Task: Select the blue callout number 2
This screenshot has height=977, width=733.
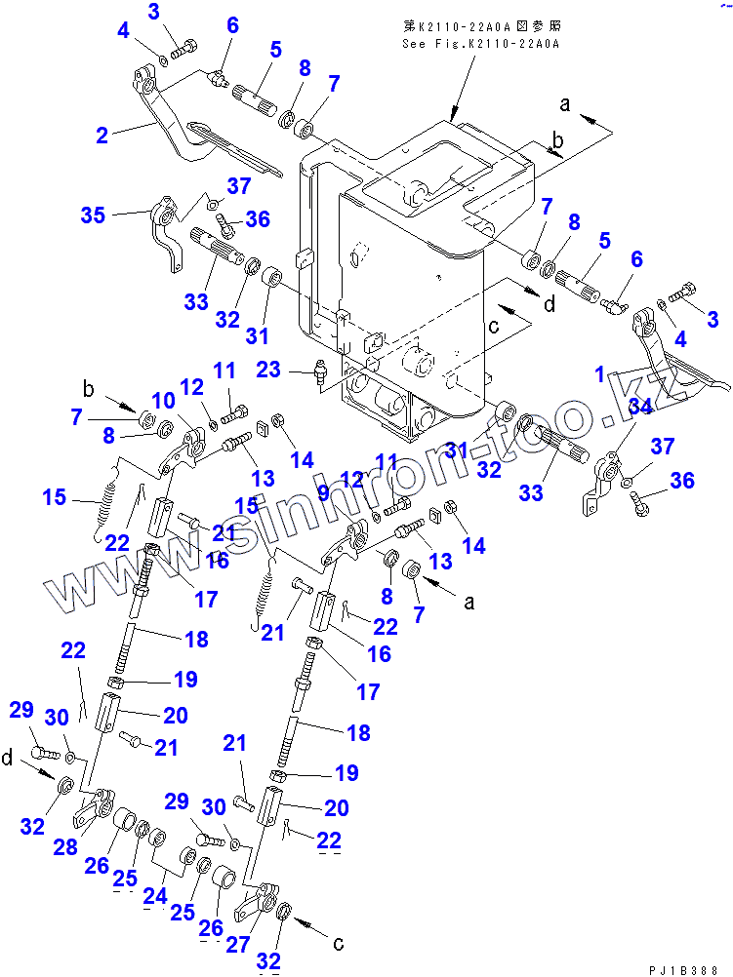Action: pyautogui.click(x=102, y=137)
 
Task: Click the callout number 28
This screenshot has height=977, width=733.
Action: pyautogui.click(x=66, y=846)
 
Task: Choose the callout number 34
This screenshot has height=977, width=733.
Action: pyautogui.click(x=639, y=407)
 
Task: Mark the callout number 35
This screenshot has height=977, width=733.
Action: pyautogui.click(x=94, y=215)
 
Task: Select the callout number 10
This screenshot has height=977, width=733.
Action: pyautogui.click(x=162, y=400)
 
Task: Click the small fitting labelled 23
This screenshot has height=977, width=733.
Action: pyautogui.click(x=318, y=372)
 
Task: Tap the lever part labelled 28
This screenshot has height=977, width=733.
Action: pyautogui.click(x=95, y=806)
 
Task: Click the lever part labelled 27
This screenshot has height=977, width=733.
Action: pyautogui.click(x=259, y=901)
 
